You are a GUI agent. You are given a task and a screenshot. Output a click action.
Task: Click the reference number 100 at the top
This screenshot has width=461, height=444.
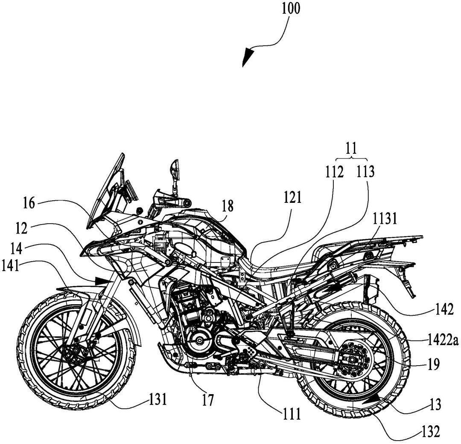pos(291,8)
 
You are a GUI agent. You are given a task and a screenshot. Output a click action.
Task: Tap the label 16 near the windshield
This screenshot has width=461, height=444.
pos(29,203)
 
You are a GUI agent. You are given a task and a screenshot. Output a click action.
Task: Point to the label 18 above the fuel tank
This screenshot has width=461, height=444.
pos(228,206)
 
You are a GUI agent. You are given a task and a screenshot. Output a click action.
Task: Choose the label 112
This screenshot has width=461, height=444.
pos(334,172)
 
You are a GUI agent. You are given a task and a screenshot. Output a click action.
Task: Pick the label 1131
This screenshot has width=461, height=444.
pos(385,219)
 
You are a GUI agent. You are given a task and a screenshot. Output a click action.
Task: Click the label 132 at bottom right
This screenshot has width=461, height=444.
pos(431,432)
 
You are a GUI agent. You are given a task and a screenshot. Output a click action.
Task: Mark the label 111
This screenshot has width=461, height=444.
pos(292,414)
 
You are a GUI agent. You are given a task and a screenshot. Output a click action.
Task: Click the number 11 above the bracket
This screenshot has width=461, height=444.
pos(351,148)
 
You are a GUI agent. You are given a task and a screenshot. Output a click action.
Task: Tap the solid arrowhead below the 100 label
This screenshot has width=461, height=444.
pos(248,57)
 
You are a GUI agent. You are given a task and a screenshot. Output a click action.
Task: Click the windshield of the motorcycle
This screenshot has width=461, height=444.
pos(106,191)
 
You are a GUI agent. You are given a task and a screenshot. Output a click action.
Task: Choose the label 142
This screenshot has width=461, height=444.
pos(445,310)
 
